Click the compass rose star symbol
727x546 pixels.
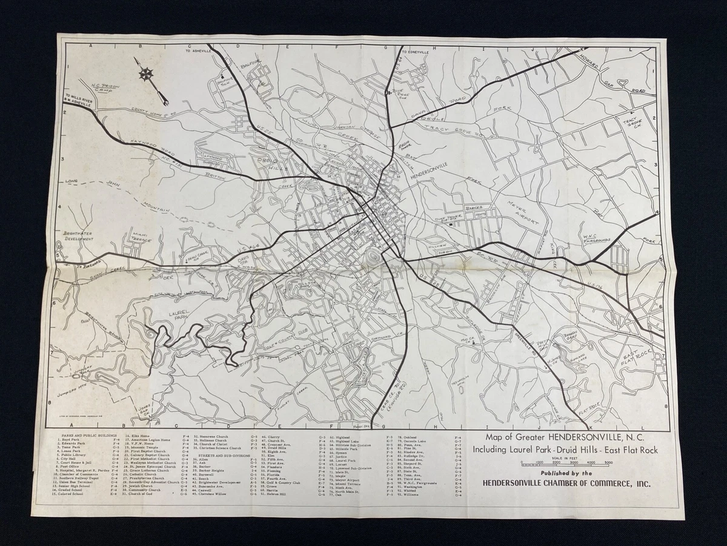pyautogui.click(x=146, y=75)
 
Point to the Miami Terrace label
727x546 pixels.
pyautogui.click(x=141, y=238)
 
